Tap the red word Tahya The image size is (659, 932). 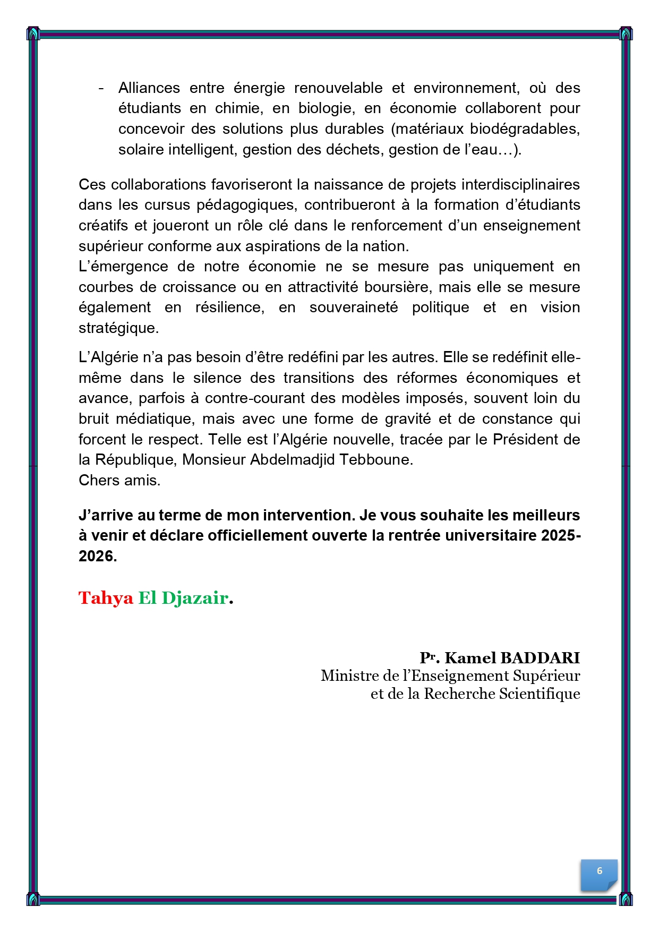click(x=106, y=598)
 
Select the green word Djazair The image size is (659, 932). click(x=194, y=598)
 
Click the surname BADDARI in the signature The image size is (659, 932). click(x=540, y=657)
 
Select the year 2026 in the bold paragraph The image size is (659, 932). click(x=97, y=556)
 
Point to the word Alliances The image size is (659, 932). click(x=149, y=88)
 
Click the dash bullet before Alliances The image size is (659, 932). click(x=101, y=88)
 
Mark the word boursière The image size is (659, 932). click(x=397, y=287)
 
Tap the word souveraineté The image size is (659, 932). click(x=354, y=307)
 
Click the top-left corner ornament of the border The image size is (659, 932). click(x=33, y=33)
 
